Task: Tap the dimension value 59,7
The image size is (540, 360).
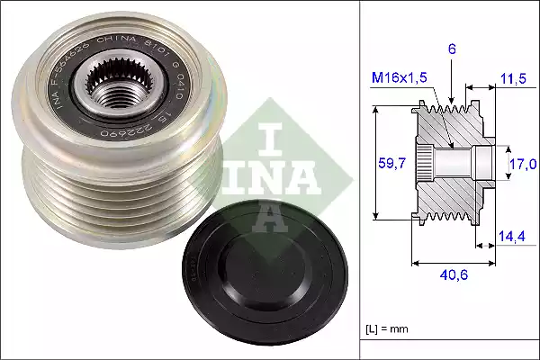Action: (385, 163)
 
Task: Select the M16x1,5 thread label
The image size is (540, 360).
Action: (400, 79)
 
